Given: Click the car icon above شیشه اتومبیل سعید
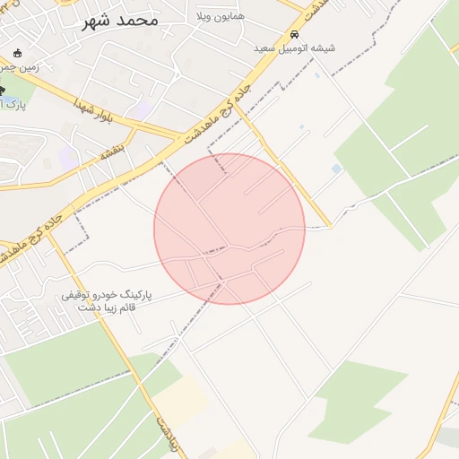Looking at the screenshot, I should [x=293, y=33].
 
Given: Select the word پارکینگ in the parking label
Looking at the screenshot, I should [x=134, y=294].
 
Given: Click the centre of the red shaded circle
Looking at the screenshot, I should [x=229, y=229].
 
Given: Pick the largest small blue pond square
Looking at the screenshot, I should [x=336, y=169].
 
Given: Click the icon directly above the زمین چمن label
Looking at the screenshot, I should [x=17, y=53].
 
